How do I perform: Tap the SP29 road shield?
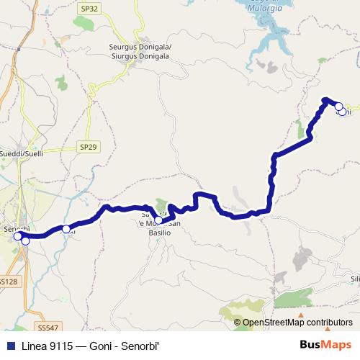[88, 147]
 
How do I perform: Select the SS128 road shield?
[8, 282]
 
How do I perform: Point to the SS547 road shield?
[48, 328]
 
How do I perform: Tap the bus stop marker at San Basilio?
[158, 220]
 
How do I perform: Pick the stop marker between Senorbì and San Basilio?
[66, 229]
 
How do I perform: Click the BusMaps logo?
[323, 343]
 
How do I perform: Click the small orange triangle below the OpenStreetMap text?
[307, 315]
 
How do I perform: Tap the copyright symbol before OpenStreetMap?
[238, 323]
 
